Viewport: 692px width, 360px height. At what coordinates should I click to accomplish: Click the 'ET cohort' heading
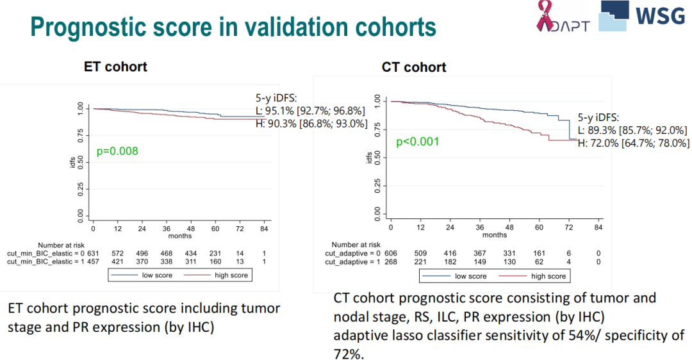(115, 67)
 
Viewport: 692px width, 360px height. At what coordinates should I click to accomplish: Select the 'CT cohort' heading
(414, 67)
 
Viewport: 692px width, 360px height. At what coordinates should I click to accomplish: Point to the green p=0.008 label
(117, 151)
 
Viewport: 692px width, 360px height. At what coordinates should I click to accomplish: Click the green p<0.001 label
(417, 142)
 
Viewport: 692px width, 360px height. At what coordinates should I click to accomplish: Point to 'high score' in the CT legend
(548, 276)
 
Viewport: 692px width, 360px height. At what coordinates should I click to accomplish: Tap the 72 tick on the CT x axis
(568, 228)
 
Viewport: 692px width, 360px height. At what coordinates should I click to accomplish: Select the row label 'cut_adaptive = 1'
(352, 262)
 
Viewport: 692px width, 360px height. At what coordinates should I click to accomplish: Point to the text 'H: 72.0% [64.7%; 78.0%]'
(634, 143)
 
